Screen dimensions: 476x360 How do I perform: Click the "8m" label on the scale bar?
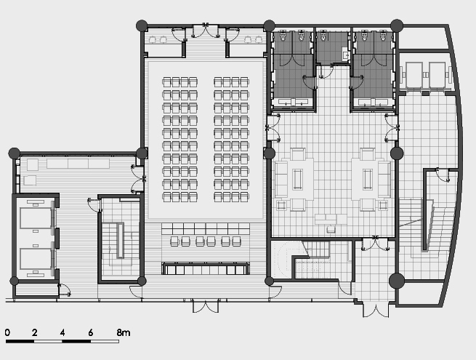pyautogui.click(x=124, y=332)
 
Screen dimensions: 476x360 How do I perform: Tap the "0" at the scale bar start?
pyautogui.click(x=7, y=332)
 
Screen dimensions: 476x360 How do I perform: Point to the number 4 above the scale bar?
pyautogui.click(x=62, y=332)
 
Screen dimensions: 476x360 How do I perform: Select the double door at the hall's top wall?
pyautogui.click(x=206, y=31)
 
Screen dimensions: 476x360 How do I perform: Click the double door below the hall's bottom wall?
pyautogui.click(x=206, y=306)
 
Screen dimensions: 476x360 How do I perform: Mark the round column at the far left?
pyautogui.click(x=15, y=153)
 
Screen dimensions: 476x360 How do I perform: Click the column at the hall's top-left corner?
pyautogui.click(x=142, y=26)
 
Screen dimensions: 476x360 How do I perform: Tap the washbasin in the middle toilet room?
pyautogui.click(x=345, y=54)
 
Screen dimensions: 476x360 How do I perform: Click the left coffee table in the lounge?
pyautogui.click(x=297, y=179)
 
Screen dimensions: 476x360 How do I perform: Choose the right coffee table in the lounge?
pyautogui.click(x=368, y=179)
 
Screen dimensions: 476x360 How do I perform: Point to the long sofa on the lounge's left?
pyautogui.click(x=281, y=179)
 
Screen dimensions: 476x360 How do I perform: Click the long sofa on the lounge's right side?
pyautogui.click(x=384, y=179)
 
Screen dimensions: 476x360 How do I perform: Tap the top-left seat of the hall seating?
pyautogui.click(x=166, y=82)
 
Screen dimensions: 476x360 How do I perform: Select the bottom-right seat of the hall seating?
pyautogui.click(x=245, y=197)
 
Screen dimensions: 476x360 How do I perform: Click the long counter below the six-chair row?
pyautogui.click(x=206, y=268)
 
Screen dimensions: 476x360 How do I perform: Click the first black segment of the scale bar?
pyautogui.click(x=20, y=342)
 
